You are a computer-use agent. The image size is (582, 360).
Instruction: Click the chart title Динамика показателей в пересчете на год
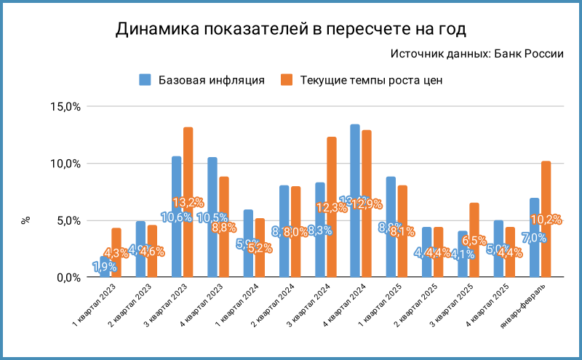pyautogui.click(x=290, y=29)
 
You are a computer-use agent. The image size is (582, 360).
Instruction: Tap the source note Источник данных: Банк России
pyautogui.click(x=477, y=54)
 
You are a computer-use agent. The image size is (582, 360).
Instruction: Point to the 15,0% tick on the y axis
pyautogui.click(x=64, y=106)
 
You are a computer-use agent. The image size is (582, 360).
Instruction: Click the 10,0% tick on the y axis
pyautogui.click(x=64, y=163)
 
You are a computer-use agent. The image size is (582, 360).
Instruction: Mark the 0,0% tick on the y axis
pyautogui.click(x=65, y=277)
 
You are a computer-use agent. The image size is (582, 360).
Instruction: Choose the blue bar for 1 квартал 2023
pyautogui.click(x=105, y=267)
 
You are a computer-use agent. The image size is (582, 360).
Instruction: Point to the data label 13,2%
pyautogui.click(x=188, y=203)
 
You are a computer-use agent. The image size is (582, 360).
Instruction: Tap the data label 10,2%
pyautogui.click(x=545, y=220)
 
